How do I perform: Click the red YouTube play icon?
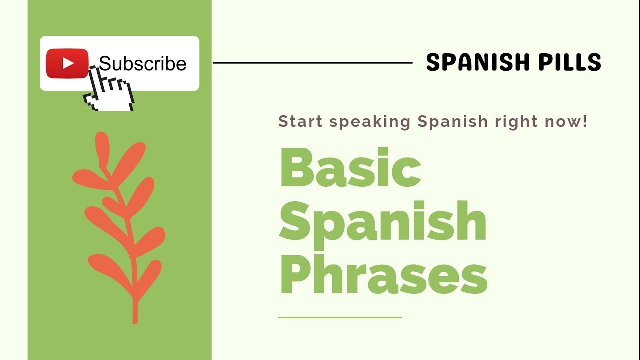[x=67, y=63]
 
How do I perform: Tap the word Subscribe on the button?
[x=142, y=64]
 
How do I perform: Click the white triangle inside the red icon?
[x=68, y=63]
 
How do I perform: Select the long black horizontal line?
[x=312, y=63]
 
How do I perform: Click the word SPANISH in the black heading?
[x=470, y=63]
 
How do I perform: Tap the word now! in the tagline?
[x=566, y=121]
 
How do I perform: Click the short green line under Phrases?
[x=340, y=317]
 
